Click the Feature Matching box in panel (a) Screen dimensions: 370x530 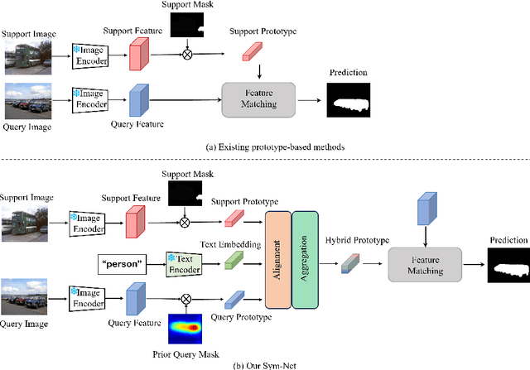click(x=258, y=99)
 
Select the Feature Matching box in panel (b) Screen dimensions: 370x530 click(x=426, y=264)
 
